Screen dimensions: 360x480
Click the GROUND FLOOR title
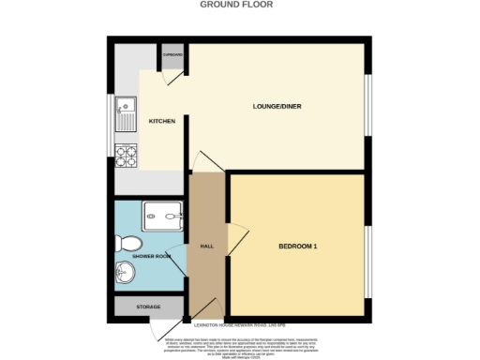tap(240, 4)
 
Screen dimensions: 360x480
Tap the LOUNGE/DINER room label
tap(277, 105)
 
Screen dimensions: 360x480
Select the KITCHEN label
tap(162, 121)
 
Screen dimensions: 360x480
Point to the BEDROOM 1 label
tap(298, 247)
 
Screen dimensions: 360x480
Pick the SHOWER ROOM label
tap(150, 255)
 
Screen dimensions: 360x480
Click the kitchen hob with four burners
tap(126, 154)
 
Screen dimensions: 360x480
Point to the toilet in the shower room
tap(128, 243)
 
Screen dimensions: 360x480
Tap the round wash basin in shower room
tap(125, 274)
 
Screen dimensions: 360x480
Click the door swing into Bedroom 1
tap(237, 237)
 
